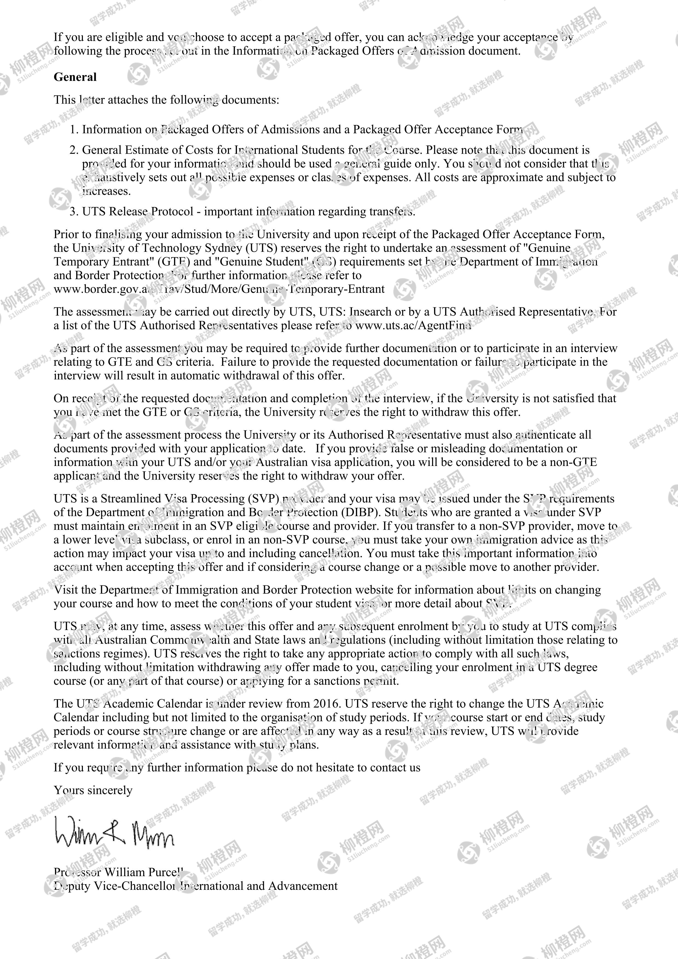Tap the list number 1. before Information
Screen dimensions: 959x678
tap(74, 130)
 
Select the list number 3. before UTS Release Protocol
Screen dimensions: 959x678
tap(74, 211)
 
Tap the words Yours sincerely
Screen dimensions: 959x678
tap(93, 790)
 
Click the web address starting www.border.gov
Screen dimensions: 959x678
tap(219, 289)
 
